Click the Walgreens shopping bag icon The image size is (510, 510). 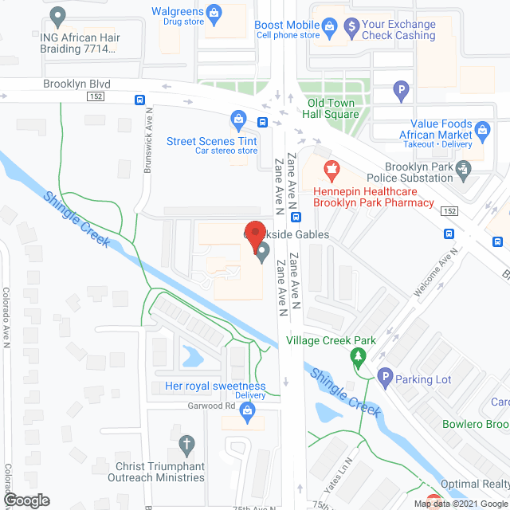click(213, 13)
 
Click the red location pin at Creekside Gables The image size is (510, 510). click(254, 233)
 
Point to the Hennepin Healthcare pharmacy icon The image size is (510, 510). click(331, 169)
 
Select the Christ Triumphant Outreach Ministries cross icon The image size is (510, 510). click(186, 443)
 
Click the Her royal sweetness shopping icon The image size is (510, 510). click(247, 410)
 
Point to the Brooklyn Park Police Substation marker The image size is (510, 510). click(464, 168)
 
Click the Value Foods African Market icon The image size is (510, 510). click(483, 128)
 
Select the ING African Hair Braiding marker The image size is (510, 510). click(57, 15)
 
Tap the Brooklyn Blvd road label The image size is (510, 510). click(77, 84)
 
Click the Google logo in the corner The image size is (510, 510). click(26, 500)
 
